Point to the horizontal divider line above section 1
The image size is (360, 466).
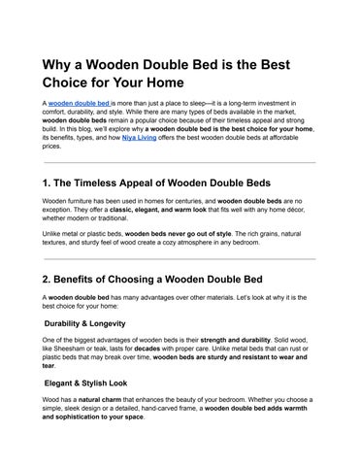(x=180, y=163)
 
